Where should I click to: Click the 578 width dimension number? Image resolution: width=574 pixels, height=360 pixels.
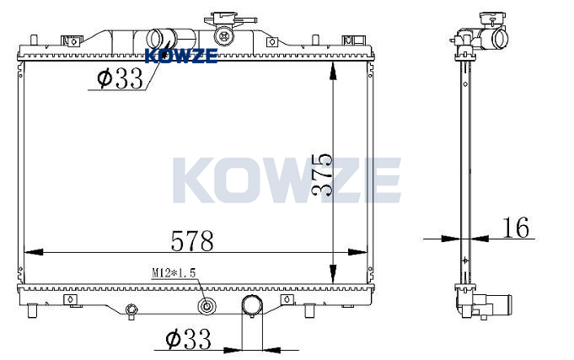192,240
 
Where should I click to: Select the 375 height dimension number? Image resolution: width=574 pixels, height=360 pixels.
322,175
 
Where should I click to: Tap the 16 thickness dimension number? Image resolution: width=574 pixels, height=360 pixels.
515,228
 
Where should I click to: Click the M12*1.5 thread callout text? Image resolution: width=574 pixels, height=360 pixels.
174,273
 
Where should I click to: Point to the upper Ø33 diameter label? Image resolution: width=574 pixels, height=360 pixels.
120,78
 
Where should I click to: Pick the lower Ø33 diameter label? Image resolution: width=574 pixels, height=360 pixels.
188,338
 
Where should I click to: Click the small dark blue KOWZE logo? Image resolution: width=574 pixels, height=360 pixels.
181,56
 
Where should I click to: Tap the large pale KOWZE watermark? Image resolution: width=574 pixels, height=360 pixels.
287,180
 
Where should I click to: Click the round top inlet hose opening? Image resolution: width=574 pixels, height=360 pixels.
156,39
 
